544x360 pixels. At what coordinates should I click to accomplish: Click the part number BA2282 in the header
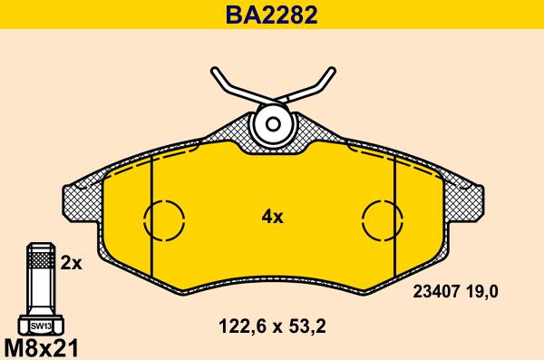pos(271,15)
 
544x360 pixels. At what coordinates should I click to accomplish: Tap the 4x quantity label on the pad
pos(272,218)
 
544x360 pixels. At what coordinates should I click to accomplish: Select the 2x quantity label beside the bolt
pos(71,263)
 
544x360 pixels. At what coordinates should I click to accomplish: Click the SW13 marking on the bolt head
pos(41,326)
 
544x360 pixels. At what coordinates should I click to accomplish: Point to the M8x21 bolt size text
pos(42,347)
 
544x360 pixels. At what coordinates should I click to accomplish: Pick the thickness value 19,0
pos(482,292)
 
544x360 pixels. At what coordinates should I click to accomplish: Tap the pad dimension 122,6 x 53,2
pos(272,326)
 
